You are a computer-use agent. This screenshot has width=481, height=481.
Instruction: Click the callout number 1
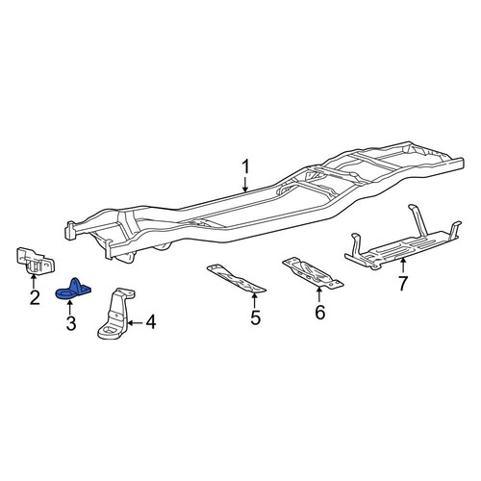coord(245,167)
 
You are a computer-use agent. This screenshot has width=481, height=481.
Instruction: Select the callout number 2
coord(35,297)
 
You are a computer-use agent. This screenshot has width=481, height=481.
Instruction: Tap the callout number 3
coord(71,323)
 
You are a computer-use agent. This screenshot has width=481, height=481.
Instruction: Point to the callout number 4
coord(151,322)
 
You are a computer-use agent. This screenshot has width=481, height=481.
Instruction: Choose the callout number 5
coord(255,317)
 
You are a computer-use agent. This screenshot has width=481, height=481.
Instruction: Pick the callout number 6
coord(319,313)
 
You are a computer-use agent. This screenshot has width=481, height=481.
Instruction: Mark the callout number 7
coord(402,283)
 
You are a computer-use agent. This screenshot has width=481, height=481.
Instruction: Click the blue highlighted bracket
coord(73,289)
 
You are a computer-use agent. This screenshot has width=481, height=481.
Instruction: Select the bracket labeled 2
coord(35,261)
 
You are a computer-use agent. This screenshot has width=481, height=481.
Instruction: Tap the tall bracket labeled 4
coord(116,314)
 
